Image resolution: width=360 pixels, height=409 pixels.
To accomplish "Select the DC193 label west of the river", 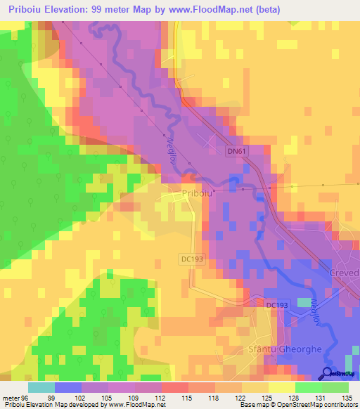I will pyautogui.click(x=192, y=259).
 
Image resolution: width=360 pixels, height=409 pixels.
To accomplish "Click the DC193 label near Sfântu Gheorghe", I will pyautogui.click(x=276, y=304).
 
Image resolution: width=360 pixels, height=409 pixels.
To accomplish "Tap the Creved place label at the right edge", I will pyautogui.click(x=344, y=272).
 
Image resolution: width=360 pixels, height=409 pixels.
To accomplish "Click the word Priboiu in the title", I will pyautogui.click(x=22, y=10).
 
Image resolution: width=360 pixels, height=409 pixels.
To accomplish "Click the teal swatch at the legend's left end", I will pyautogui.click(x=41, y=387).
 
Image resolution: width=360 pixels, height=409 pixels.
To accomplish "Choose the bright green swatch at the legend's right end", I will pyautogui.click(x=335, y=387).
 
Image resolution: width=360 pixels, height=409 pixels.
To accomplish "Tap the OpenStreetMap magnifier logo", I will pyautogui.click(x=327, y=375).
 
